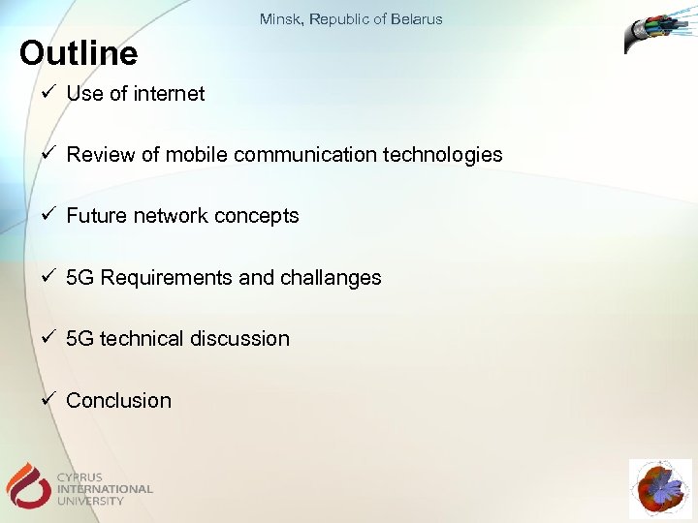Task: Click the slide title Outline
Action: point(79,53)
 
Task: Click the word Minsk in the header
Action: point(279,19)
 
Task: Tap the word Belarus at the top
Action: point(418,19)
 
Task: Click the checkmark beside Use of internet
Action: point(48,93)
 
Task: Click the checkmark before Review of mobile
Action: point(48,154)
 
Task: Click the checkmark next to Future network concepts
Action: point(48,215)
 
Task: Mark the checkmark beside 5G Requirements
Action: point(48,277)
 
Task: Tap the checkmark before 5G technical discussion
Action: point(48,338)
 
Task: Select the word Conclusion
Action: point(118,401)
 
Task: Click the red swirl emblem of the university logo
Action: point(27,483)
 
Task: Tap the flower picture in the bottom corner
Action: point(660,489)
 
